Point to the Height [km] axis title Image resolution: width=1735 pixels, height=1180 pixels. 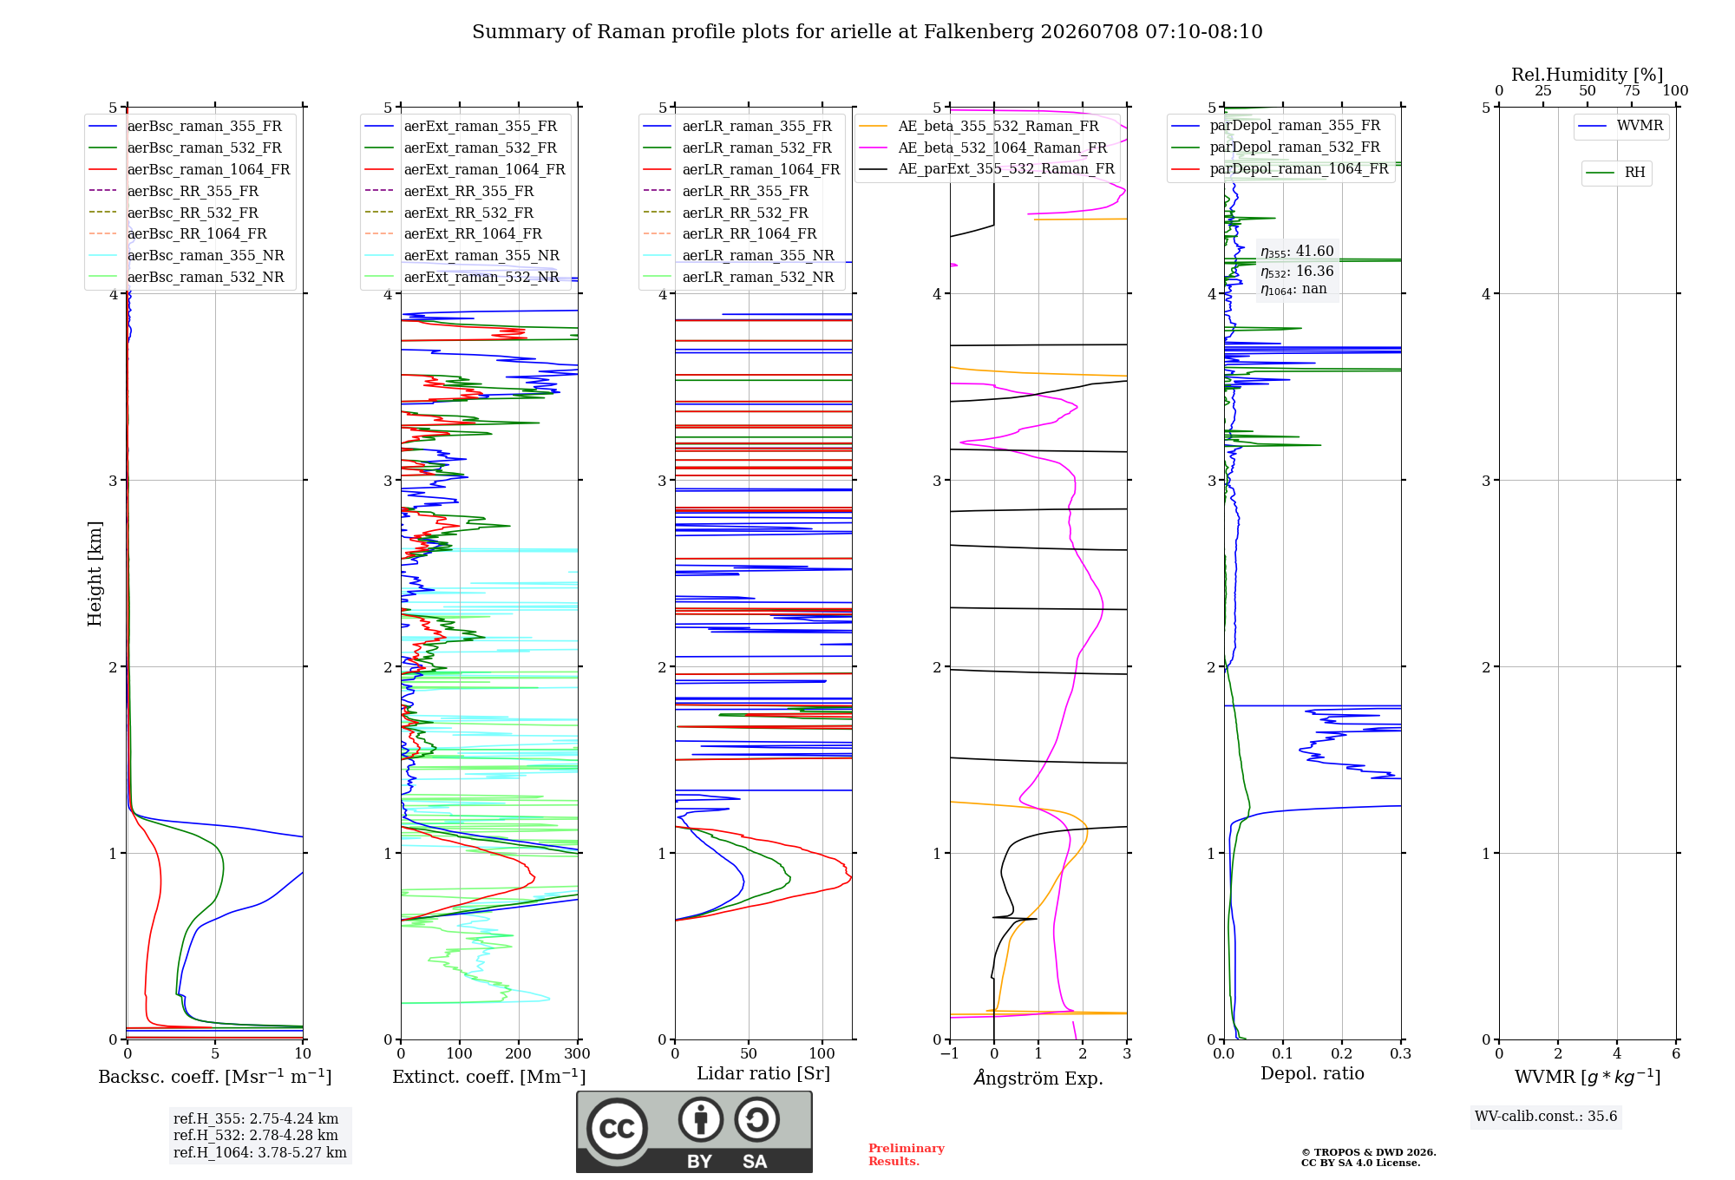95,574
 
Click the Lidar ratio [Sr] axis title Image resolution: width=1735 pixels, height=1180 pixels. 763,1073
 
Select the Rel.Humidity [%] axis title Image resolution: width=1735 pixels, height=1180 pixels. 1588,75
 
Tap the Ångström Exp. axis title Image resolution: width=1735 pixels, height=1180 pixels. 1038,1078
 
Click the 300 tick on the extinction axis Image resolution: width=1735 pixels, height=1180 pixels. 578,1053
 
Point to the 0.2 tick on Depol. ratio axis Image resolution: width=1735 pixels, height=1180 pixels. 1342,1053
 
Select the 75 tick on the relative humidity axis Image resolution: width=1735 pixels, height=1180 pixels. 1632,90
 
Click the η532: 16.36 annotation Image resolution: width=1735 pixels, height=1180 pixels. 1297,272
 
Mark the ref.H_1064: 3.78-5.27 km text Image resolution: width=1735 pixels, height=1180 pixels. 260,1152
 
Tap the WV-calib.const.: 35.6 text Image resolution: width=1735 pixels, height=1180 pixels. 1546,1116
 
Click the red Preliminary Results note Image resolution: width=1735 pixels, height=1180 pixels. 907,1155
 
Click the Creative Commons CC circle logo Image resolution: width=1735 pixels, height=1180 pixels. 617,1128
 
